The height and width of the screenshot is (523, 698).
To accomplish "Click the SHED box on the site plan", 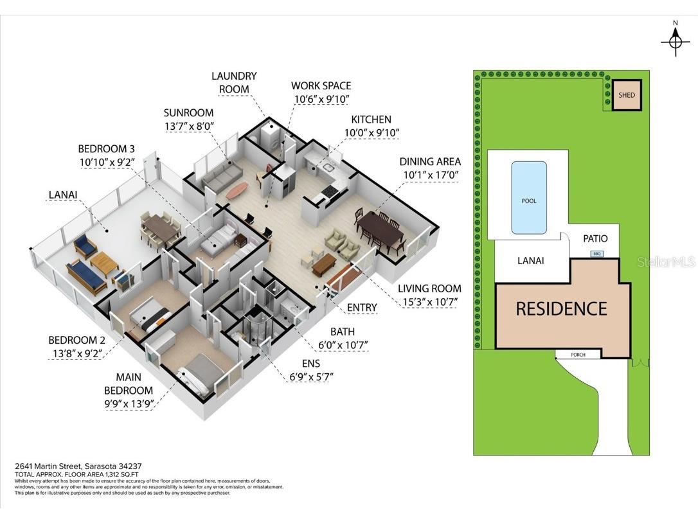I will point(626,95).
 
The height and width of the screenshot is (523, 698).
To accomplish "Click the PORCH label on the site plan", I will point(578,355).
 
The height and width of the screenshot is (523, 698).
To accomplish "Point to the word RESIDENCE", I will point(561,308).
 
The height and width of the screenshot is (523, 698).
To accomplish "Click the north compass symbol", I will point(675,40).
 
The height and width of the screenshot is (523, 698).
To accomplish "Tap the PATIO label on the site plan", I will point(595,238).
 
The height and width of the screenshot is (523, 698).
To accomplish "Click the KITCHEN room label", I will point(371,120).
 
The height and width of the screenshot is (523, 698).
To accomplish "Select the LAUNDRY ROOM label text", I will point(234,83).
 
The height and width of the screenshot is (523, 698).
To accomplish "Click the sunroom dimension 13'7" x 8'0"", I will point(188,127).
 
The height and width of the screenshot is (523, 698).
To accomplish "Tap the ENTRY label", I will point(361,308).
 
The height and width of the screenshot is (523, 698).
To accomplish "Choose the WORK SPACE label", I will point(321,85).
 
